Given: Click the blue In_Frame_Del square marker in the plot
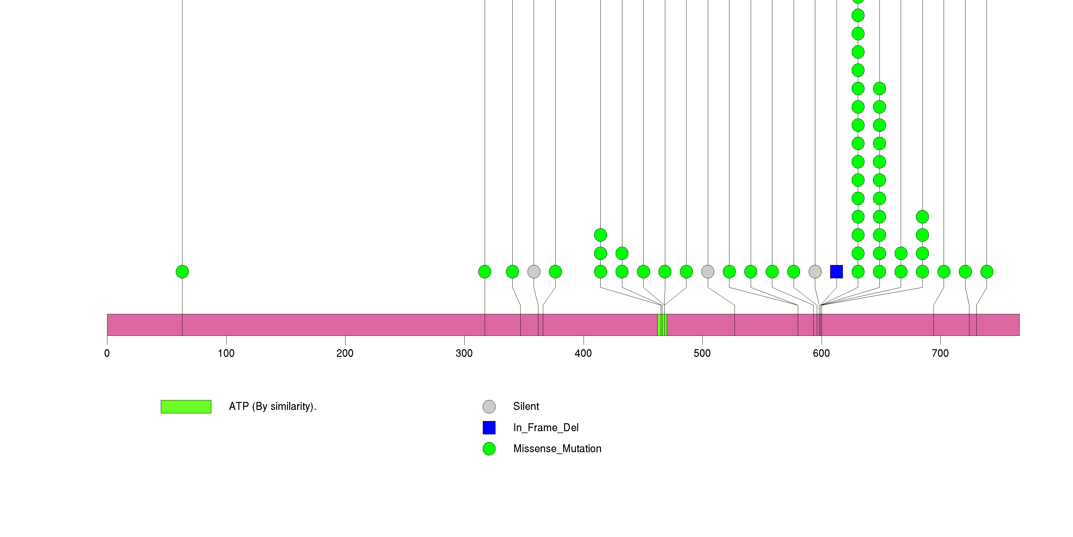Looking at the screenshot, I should point(837,272).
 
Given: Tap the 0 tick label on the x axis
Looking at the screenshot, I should point(107,353).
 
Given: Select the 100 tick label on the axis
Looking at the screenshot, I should point(226,353).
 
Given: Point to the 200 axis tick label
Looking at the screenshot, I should point(345,353).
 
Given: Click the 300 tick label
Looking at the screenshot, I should point(464,353).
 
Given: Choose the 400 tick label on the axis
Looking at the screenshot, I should point(583,353).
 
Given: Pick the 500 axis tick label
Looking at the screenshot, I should point(702,353).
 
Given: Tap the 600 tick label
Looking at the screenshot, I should point(821,353).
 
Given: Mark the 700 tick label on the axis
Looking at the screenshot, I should point(940,353).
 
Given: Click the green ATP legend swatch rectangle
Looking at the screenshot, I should point(186,407).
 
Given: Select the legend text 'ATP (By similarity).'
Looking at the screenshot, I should point(272,406).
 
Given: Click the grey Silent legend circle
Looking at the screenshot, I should point(489,407).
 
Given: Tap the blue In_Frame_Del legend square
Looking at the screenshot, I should point(489,427).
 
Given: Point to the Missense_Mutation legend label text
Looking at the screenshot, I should point(557,449).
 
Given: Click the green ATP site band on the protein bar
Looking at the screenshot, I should point(662,325).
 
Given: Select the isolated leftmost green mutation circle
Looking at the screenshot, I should point(182,272).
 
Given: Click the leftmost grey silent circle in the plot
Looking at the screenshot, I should point(534,272).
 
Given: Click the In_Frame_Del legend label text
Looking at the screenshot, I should point(546,427).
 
